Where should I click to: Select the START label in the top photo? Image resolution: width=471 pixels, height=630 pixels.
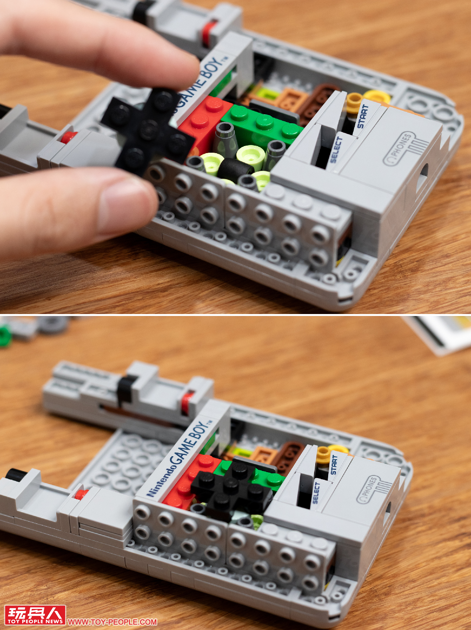click(362, 117)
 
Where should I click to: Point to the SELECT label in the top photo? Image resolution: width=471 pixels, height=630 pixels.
click(336, 150)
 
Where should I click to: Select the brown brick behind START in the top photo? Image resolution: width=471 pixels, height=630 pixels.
click(314, 100)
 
